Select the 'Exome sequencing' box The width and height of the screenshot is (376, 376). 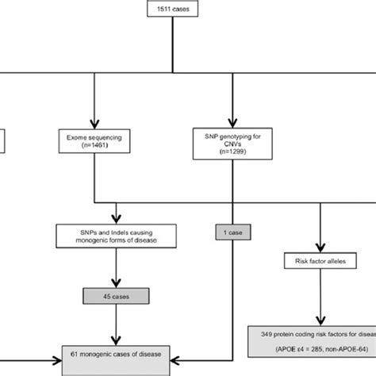[x=94, y=141]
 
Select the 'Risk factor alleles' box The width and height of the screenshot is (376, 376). [x=320, y=259]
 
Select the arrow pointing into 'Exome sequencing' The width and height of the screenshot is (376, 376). [x=94, y=117]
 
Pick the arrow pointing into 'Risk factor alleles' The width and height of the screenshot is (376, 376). [x=320, y=234]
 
